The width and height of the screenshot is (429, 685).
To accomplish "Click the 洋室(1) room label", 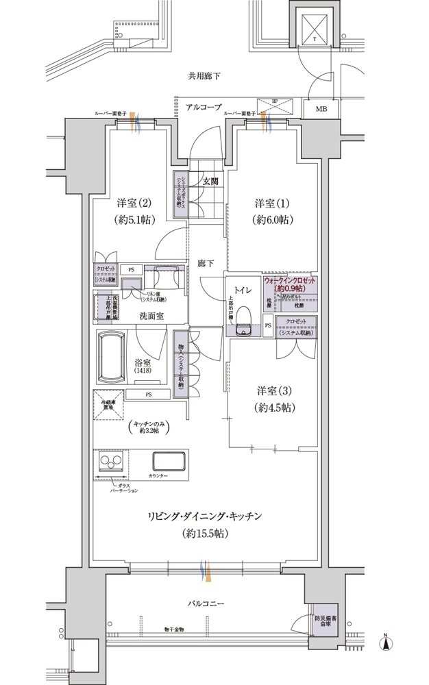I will pos(270,203).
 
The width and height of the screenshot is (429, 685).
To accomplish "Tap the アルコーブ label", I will pos(193,108).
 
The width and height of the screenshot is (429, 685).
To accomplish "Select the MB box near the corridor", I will pos(321,108).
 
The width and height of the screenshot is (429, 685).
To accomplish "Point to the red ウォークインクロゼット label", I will pos(290,284).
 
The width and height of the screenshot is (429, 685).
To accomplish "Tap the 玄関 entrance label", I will pos(210,182).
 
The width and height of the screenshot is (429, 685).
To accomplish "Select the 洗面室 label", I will pos(151,316).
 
